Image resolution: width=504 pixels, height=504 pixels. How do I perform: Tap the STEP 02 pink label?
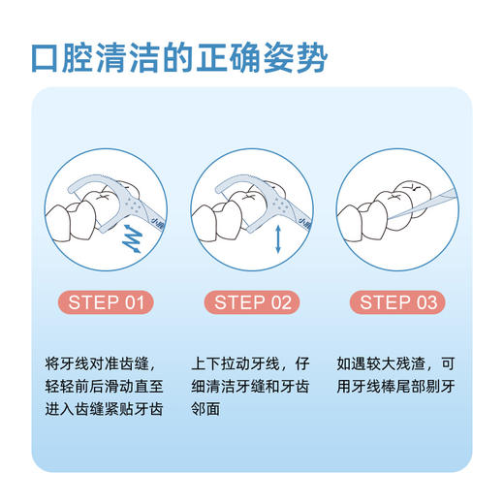[252, 302]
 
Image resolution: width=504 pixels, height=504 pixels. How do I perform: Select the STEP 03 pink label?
[397, 302]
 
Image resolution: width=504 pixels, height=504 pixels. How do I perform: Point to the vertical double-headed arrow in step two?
[278, 236]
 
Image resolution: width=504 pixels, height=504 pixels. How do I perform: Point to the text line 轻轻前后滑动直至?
[110, 387]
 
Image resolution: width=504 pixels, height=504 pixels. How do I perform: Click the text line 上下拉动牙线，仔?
[253, 364]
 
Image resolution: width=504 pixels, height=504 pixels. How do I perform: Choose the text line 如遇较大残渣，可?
[394, 364]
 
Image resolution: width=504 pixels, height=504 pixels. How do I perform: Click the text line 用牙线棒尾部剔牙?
[394, 387]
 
